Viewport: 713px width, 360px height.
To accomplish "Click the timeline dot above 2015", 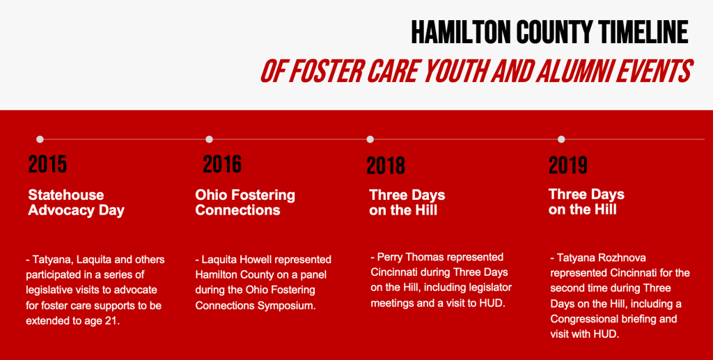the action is point(40,139).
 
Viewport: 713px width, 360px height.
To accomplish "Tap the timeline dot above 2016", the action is point(209,139).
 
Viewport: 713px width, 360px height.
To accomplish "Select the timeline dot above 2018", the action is point(370,139).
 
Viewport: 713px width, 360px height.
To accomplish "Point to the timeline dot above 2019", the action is point(561,139).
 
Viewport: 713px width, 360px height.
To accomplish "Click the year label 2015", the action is point(48,164).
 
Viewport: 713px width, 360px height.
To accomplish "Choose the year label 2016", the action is point(222,164).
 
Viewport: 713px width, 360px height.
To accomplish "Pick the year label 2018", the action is point(386,166).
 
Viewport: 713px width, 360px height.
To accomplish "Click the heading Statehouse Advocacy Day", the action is point(76,203).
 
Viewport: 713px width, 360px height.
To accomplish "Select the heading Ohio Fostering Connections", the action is point(245,203).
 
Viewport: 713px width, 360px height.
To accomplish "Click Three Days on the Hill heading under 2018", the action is point(407,203).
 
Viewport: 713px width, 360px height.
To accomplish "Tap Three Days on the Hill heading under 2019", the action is point(586,202).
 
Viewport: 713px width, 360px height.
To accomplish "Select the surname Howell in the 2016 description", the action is point(253,260).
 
